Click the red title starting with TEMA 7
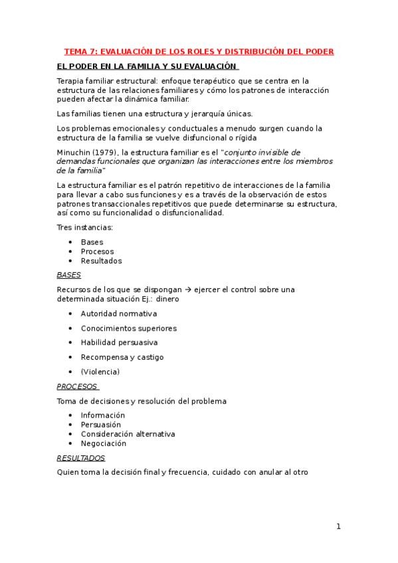click(199, 51)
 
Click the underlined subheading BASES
click(68, 274)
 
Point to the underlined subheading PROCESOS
click(77, 386)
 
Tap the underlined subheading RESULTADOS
click(81, 458)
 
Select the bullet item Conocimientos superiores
click(129, 328)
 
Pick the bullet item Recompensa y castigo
click(122, 357)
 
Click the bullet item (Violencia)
click(100, 372)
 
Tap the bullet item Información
click(103, 416)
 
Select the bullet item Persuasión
click(101, 425)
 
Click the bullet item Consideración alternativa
click(128, 434)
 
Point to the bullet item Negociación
click(103, 443)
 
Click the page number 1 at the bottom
click(338, 527)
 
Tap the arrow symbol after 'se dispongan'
click(189, 289)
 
